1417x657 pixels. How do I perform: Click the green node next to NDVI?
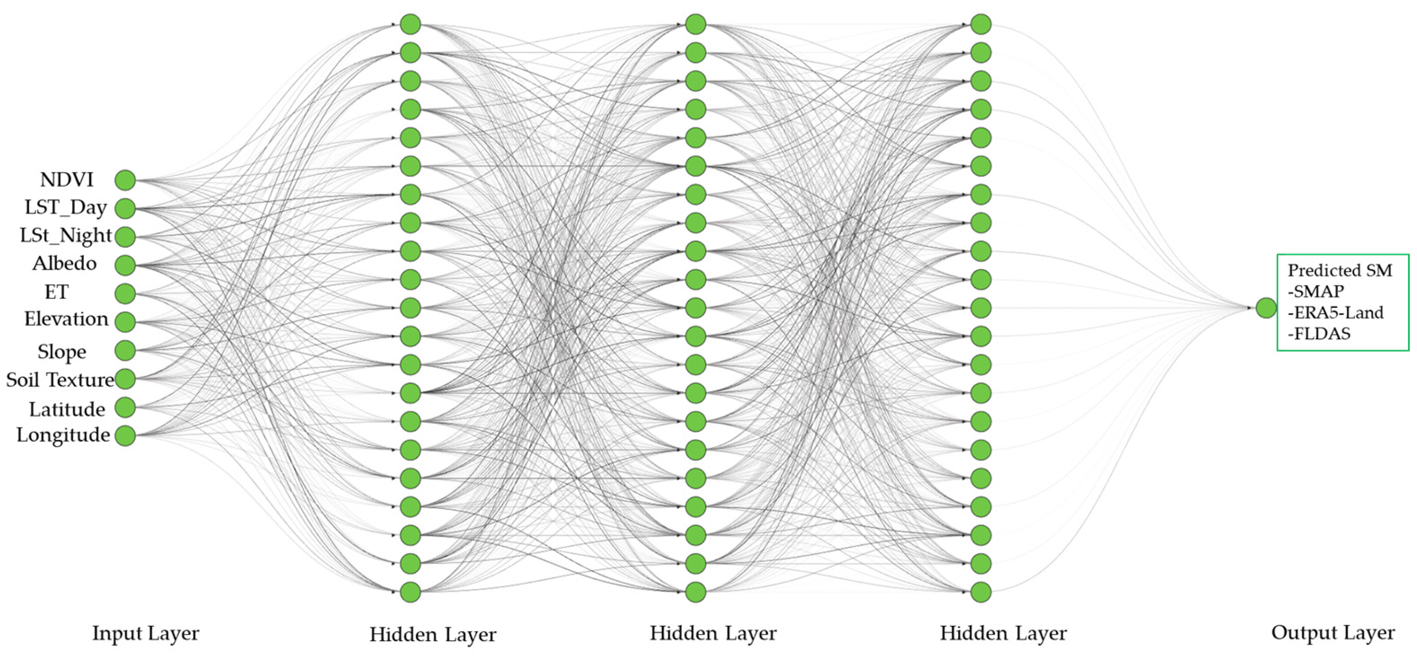[125, 180]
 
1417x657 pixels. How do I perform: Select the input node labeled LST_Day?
[125, 209]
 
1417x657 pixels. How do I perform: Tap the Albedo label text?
[64, 263]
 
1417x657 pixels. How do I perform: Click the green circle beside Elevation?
[125, 322]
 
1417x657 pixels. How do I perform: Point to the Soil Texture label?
[60, 380]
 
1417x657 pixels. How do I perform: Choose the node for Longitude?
[125, 436]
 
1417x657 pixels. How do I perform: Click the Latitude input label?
[67, 409]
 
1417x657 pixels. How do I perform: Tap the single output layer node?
[1266, 308]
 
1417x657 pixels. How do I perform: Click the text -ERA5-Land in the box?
[1335, 313]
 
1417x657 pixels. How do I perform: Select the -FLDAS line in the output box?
[1319, 334]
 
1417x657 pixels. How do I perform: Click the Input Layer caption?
[145, 633]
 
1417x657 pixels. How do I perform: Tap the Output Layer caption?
[1333, 633]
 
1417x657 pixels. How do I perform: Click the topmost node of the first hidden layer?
[410, 24]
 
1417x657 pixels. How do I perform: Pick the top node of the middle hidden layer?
[696, 24]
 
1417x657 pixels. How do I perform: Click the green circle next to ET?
[125, 294]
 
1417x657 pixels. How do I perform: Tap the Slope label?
[62, 352]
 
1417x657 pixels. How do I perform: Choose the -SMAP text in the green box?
[1316, 291]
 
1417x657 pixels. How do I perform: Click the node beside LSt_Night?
[125, 237]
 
